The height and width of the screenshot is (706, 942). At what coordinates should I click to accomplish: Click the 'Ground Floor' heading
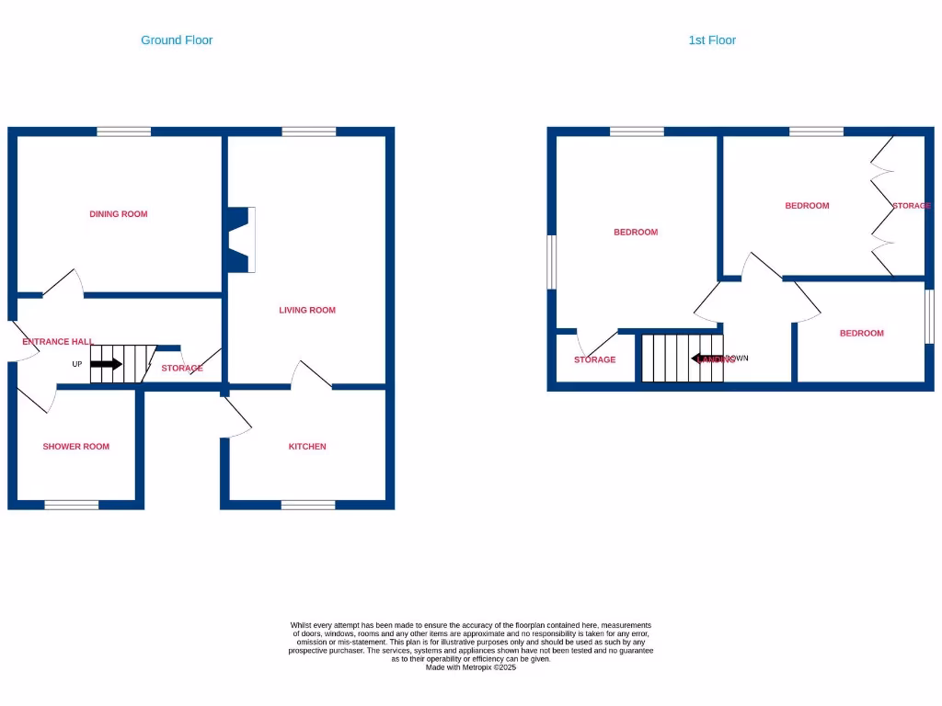[x=177, y=40]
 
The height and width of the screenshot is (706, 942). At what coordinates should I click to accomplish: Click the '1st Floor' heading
[x=712, y=40]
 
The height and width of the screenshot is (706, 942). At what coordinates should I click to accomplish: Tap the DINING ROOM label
[x=119, y=214]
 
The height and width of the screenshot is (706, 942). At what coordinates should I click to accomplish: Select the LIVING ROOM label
[x=307, y=311]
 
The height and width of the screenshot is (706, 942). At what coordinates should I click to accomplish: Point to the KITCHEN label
[x=307, y=447]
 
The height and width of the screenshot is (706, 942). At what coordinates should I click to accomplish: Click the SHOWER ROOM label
[x=75, y=447]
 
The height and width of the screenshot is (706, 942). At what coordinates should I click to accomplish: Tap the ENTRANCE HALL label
[x=57, y=342]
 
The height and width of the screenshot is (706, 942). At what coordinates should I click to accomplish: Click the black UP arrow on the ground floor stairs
[x=106, y=364]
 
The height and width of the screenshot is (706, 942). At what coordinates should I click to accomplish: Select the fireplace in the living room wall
[x=241, y=240]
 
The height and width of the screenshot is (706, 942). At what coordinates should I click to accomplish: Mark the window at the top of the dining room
[x=124, y=132]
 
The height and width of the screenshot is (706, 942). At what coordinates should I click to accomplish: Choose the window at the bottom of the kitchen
[x=308, y=505]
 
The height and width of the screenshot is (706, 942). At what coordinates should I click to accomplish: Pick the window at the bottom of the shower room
[x=72, y=505]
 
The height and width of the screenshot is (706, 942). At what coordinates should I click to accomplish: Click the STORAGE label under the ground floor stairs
[x=182, y=369]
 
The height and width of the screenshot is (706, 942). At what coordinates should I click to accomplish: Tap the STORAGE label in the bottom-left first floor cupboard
[x=594, y=360]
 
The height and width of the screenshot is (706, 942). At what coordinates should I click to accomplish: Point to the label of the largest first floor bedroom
[x=636, y=233]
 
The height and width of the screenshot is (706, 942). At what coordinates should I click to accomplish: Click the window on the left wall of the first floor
[x=552, y=261]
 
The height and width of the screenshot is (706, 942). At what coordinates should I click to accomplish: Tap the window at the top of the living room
[x=309, y=132]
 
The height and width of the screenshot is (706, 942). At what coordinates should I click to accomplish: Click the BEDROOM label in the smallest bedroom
[x=861, y=334]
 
